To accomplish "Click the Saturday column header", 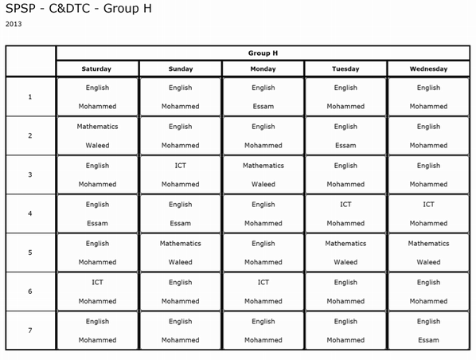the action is [x=97, y=69].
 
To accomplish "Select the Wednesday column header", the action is [x=428, y=69].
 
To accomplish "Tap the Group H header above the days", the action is [x=263, y=53].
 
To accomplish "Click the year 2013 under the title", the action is [x=14, y=24].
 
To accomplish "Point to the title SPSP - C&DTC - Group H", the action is [x=77, y=9].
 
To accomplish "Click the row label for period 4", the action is [x=30, y=213].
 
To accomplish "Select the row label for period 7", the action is [x=30, y=331].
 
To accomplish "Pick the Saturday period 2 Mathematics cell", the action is [x=97, y=135].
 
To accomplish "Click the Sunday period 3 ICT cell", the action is [x=180, y=174].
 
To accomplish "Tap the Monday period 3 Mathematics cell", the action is [x=263, y=174].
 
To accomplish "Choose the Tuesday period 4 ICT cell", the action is [x=345, y=213].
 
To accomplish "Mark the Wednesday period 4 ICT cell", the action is [x=428, y=213].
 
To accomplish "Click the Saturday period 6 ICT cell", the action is [x=97, y=292].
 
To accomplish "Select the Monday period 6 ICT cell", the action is [x=263, y=292].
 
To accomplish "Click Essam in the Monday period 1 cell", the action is [x=263, y=106].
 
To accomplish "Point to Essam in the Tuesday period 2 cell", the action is [x=345, y=146].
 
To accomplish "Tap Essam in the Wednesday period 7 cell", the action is [x=428, y=340].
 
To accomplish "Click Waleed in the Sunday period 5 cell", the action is [x=180, y=262].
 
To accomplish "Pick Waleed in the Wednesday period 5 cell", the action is [x=428, y=262].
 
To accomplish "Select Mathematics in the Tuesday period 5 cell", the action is [x=345, y=244].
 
